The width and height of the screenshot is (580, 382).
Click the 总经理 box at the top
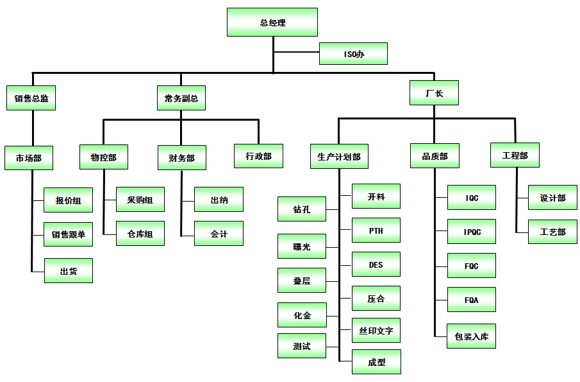272,22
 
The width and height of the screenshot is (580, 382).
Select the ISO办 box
353,54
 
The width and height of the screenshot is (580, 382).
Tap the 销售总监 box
31,99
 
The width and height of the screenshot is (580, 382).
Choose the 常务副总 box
181,99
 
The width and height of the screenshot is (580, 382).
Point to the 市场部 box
28,157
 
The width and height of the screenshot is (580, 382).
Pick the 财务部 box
181,157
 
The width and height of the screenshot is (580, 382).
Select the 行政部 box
258,156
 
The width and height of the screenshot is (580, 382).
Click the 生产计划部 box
338,157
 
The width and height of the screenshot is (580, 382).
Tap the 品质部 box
435,156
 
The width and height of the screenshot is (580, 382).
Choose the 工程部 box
515,155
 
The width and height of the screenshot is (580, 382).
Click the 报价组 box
68,200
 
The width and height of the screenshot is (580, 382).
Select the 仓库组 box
140,234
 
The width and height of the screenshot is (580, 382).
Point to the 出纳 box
219,200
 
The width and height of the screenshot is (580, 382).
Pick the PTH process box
376,230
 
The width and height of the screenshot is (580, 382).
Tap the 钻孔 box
301,209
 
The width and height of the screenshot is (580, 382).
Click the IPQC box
472,232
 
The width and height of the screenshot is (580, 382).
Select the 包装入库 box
471,336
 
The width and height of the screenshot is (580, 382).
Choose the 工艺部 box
552,232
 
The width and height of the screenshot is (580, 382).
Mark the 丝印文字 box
376,331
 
